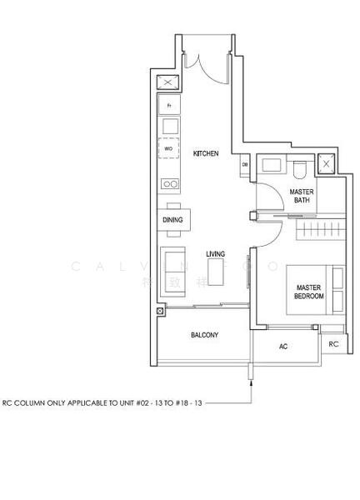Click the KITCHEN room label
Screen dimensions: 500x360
(x=206, y=154)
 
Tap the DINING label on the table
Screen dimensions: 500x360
(x=172, y=220)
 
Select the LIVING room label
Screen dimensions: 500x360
(x=217, y=253)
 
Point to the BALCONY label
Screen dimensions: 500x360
(x=204, y=335)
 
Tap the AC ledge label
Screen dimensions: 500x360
(x=283, y=346)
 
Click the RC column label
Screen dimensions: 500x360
(x=333, y=343)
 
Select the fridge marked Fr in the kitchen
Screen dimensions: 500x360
(x=170, y=105)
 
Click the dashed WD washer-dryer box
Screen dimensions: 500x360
(x=170, y=149)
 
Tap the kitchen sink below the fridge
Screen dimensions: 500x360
(x=170, y=126)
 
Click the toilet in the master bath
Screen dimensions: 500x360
(x=299, y=169)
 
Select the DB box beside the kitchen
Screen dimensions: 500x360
(x=245, y=165)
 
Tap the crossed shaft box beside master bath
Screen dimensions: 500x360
(x=327, y=163)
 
